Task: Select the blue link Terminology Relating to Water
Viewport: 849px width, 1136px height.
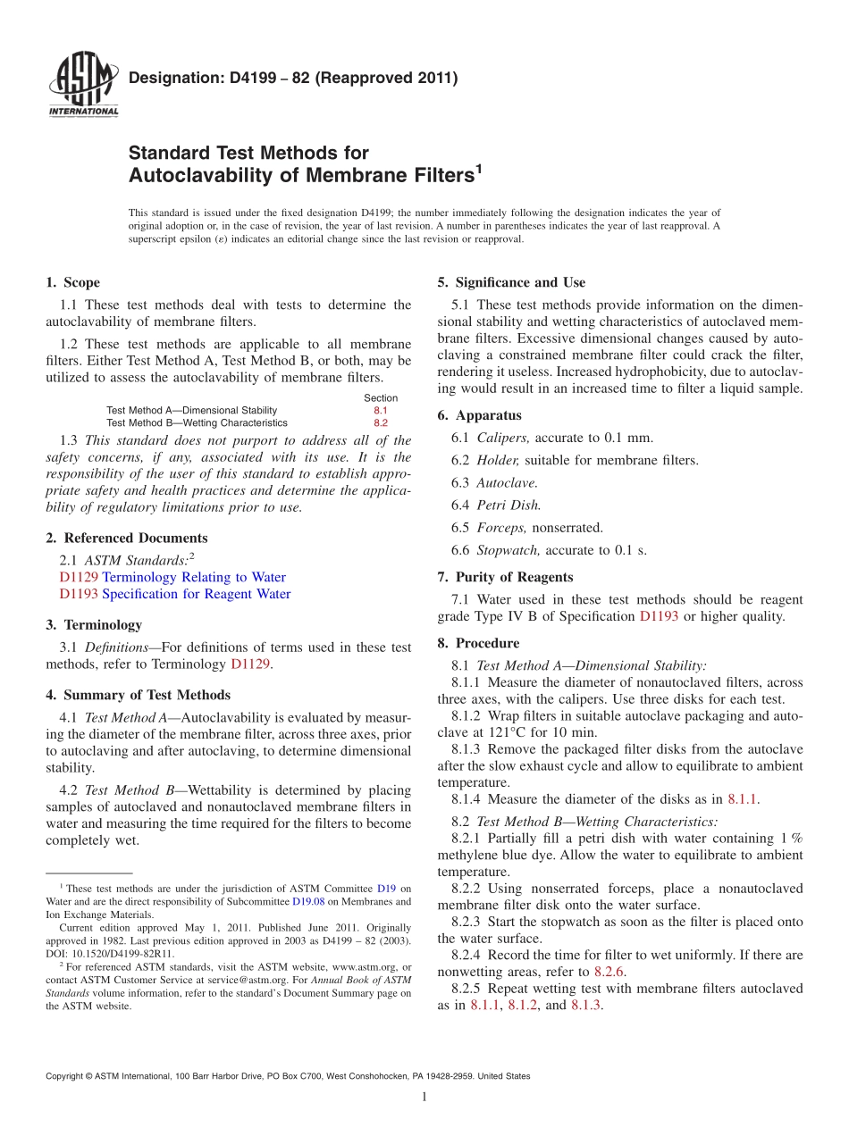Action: click(x=194, y=577)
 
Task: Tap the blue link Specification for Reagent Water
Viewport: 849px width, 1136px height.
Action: click(x=196, y=594)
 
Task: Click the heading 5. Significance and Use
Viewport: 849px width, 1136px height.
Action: click(x=511, y=282)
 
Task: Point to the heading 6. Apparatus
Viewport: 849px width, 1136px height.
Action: click(x=479, y=415)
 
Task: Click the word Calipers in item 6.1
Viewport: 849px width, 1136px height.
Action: click(x=503, y=438)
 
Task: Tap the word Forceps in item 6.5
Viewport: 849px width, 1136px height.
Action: click(x=501, y=528)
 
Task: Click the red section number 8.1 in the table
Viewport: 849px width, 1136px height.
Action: click(x=381, y=410)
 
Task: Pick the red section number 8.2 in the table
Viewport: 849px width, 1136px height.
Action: click(x=381, y=422)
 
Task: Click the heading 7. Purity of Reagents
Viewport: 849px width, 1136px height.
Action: click(x=505, y=577)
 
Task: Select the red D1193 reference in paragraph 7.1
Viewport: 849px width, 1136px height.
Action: click(x=659, y=616)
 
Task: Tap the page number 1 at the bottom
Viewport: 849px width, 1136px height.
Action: click(x=424, y=1098)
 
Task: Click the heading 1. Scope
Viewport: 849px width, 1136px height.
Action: click(x=72, y=282)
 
